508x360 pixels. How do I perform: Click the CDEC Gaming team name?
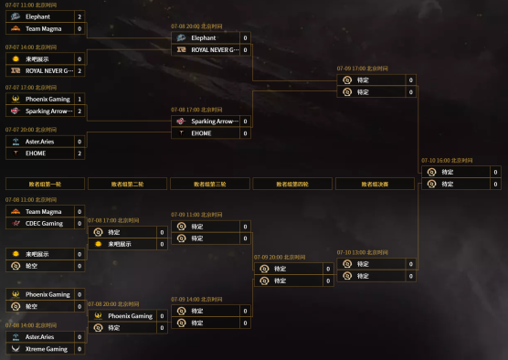coord(44,223)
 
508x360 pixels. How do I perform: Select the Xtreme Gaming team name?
coord(46,349)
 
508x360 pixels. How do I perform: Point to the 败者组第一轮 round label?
coord(45,184)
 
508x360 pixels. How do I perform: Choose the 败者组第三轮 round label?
coord(210,184)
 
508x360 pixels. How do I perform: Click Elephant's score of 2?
coord(79,16)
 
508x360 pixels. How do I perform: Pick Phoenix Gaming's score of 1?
coord(79,99)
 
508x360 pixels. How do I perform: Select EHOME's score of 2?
coord(79,154)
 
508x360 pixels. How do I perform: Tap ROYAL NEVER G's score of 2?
coord(79,70)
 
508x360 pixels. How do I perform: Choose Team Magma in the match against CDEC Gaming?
coord(43,211)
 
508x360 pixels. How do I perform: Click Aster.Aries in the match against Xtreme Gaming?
coord(40,337)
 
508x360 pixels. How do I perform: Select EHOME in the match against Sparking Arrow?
coord(202,132)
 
